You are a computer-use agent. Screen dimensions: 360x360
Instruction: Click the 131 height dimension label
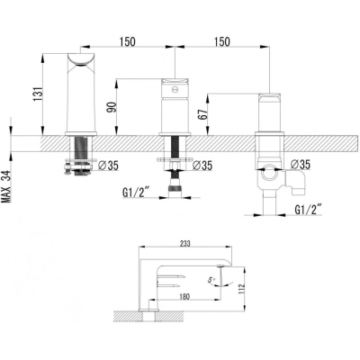[38, 94]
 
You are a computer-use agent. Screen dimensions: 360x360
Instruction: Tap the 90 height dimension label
[112, 107]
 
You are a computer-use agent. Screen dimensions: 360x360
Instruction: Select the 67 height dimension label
[202, 114]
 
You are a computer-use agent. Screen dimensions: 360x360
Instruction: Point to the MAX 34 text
[6, 187]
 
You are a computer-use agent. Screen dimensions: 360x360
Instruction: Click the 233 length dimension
[185, 244]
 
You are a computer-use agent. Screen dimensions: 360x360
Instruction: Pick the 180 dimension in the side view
[184, 297]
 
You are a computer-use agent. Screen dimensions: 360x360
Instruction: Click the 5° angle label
[211, 280]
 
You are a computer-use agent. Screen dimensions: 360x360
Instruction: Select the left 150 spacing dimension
[128, 41]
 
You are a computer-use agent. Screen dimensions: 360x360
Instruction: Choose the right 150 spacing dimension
[222, 41]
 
